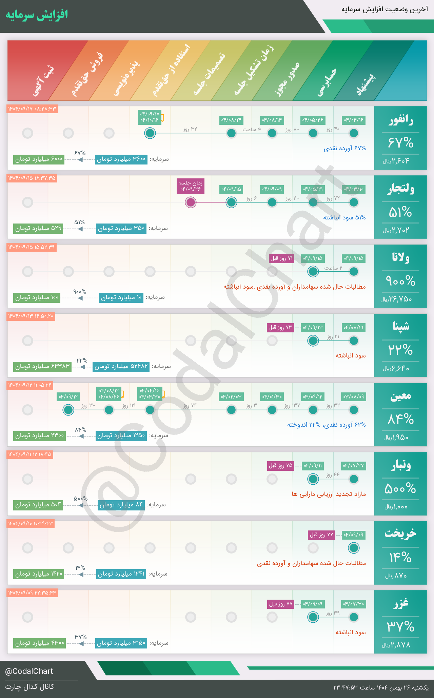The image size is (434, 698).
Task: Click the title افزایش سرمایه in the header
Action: pos(37,15)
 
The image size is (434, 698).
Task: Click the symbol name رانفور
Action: pos(400,120)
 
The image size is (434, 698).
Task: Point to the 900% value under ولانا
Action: pos(400,281)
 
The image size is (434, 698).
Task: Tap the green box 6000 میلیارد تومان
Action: pos(39,159)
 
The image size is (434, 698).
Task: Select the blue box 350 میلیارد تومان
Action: pos(121,228)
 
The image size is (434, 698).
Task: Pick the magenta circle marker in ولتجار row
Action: pos(191,202)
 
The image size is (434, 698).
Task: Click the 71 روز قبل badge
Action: pos(281,258)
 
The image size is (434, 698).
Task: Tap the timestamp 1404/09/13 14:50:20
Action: pos(31,316)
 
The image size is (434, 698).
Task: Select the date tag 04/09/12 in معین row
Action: pos(68,396)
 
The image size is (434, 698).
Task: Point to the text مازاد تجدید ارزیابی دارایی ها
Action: pos(329,494)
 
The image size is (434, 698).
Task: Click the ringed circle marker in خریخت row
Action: pos(354,548)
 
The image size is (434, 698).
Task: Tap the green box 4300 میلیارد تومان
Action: pos(40,643)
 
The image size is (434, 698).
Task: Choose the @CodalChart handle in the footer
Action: pos(29,671)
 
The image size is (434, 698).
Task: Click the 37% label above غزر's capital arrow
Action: pos(81,637)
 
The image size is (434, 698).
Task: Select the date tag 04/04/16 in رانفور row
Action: pos(354,120)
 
